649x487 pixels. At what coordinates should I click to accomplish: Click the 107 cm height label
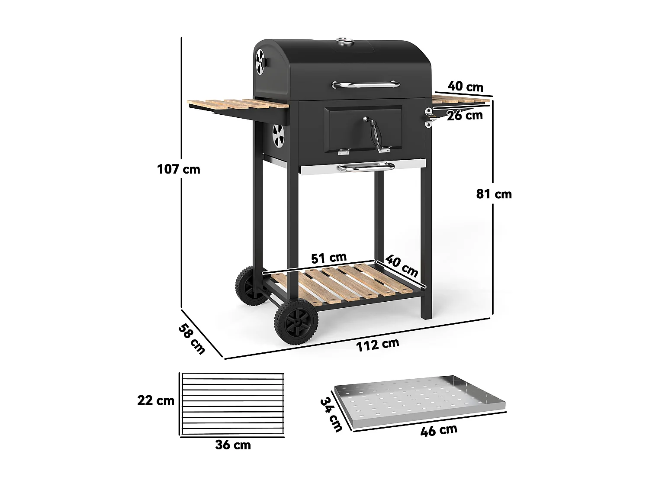(179, 169)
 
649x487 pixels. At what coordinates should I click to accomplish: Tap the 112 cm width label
(377, 345)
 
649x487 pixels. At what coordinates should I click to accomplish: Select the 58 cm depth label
(192, 339)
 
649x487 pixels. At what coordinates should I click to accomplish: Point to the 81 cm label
(494, 194)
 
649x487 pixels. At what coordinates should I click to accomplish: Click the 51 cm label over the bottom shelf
(329, 258)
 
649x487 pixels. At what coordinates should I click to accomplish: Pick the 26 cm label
(465, 116)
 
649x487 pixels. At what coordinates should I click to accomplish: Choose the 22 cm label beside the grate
(156, 400)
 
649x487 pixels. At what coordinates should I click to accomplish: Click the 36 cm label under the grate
(233, 445)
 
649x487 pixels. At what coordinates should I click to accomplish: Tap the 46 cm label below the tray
(438, 430)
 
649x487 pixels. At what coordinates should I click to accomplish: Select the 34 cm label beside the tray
(331, 414)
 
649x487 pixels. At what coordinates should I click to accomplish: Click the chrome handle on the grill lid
(366, 84)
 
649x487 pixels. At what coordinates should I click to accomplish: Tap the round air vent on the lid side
(260, 62)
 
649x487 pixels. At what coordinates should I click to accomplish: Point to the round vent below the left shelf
(278, 135)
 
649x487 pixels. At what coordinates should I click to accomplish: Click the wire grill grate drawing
(232, 404)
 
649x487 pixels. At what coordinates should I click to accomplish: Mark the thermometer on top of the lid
(345, 42)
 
